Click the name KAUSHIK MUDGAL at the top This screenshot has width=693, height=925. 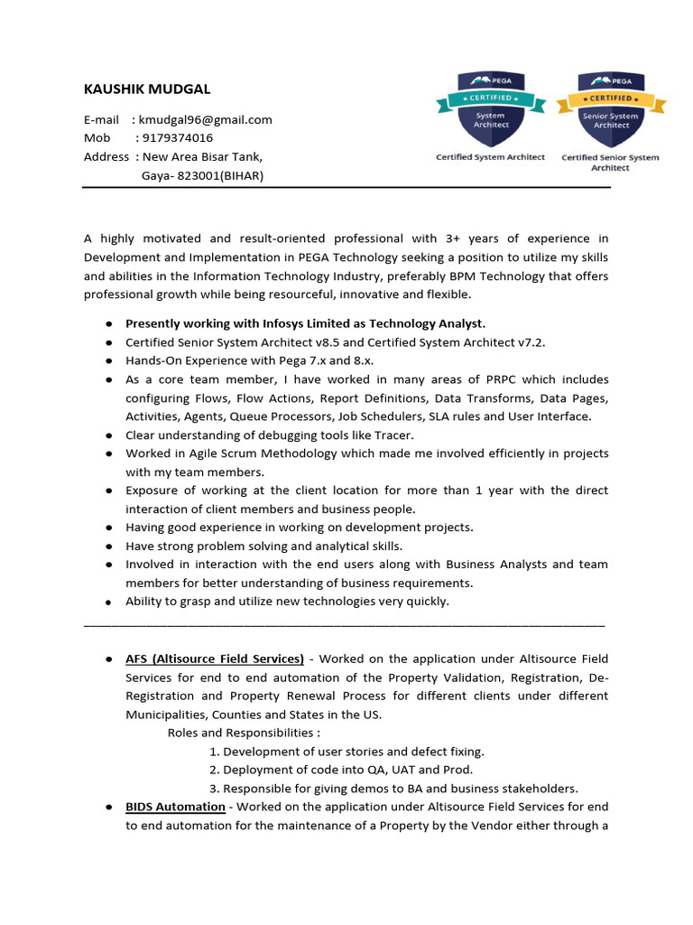point(146,89)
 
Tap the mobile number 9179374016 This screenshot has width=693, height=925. point(178,137)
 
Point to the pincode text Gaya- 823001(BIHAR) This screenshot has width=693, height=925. point(202,175)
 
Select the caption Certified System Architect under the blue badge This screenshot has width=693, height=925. point(490,157)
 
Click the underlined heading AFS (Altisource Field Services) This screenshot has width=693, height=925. point(215,659)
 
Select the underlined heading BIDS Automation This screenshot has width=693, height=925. point(175,807)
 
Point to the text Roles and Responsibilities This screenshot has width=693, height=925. point(244,733)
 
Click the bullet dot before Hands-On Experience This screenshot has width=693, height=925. point(107,361)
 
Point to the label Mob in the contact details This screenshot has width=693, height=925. point(97,137)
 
